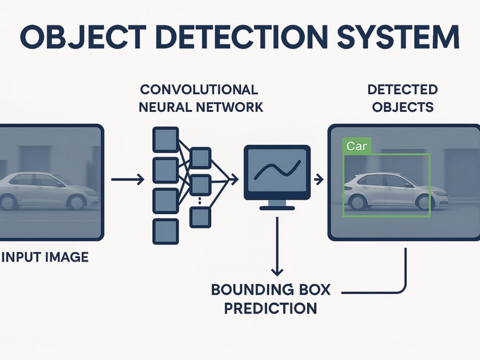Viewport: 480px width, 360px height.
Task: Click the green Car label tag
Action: (x=357, y=146)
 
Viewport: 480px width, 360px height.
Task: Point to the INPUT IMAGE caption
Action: (x=45, y=257)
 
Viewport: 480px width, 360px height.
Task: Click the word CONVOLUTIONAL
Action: (x=199, y=90)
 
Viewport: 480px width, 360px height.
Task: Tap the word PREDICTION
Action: (x=271, y=308)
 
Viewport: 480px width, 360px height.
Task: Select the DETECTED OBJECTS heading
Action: (x=403, y=98)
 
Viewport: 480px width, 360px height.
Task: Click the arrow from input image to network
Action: (x=128, y=179)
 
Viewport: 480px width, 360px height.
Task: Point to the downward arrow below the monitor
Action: (x=277, y=246)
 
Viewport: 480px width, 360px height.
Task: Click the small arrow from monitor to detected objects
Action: (x=319, y=179)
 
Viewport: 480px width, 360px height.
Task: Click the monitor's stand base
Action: (x=277, y=208)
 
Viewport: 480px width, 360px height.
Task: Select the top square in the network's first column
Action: (x=166, y=140)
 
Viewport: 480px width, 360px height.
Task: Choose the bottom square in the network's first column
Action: (x=166, y=231)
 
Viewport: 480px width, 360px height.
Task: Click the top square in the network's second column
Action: (x=201, y=158)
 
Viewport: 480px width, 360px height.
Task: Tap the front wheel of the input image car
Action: (x=77, y=202)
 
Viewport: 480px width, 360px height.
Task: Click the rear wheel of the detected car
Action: (x=357, y=203)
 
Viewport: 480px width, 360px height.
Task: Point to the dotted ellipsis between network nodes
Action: (x=200, y=201)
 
